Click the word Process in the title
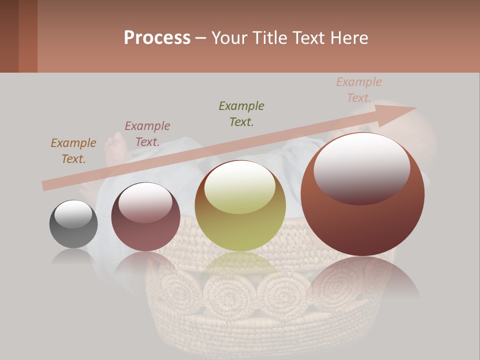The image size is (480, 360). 157,38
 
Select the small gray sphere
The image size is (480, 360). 73,224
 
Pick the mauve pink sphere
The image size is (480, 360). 145,217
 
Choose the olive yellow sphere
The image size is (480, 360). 240,205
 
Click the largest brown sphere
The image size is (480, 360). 362,194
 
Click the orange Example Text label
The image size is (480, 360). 73,151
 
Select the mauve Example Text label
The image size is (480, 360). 147,134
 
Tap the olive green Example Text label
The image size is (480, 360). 241,113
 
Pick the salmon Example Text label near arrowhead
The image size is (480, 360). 358,90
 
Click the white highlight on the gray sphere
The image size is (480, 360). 73,214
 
